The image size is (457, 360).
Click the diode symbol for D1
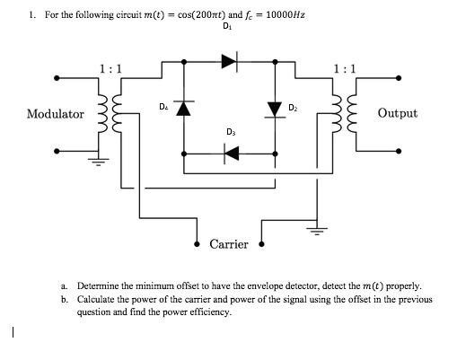[x=228, y=62]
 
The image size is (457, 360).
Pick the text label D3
[x=232, y=133]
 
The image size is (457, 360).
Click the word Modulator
[x=56, y=115]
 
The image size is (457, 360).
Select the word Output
[x=397, y=114]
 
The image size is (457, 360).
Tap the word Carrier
[x=228, y=244]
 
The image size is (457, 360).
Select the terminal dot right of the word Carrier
[x=262, y=243]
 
